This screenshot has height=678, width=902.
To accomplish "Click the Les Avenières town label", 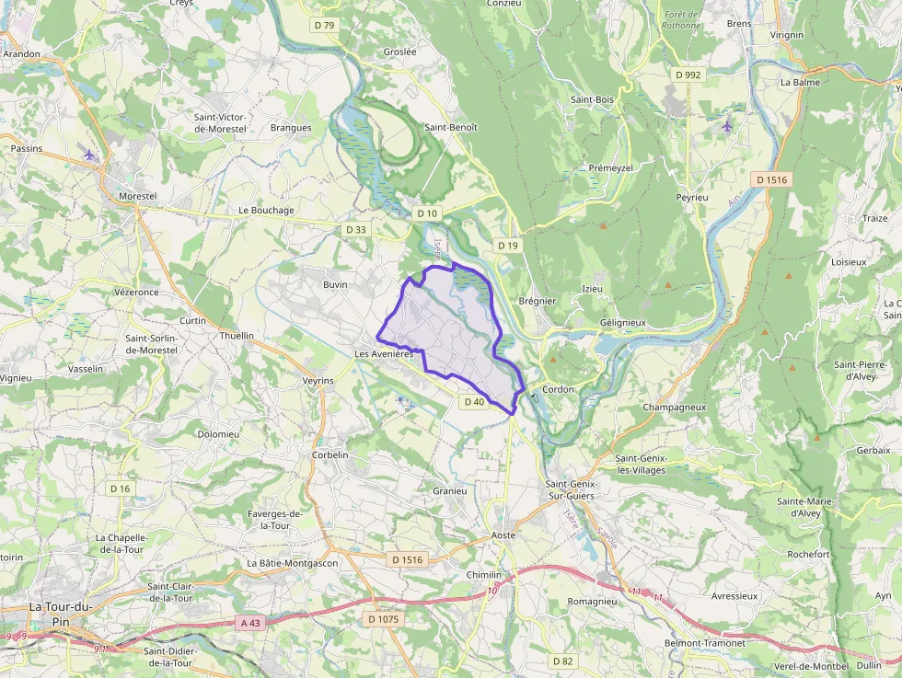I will coord(384,354).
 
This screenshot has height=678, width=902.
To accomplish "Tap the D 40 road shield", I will coord(474,402).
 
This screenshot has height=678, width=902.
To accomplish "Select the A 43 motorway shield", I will coord(250,623).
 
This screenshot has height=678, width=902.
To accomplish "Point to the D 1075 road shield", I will coord(384,619).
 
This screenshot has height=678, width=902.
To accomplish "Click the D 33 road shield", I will coord(355,229).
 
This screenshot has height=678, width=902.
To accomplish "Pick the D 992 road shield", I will coord(688,75).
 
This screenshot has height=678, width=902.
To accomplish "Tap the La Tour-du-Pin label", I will coord(61,613).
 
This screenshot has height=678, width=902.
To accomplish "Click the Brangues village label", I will coord(291,128).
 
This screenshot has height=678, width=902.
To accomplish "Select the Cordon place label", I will coord(558,389).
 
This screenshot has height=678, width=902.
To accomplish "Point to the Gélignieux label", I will coord(623,323).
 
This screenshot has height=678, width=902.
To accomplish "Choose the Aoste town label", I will coord(503,535).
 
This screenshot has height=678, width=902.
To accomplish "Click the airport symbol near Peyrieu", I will coord(727,125).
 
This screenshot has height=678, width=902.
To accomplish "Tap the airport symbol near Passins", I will coord(89,155).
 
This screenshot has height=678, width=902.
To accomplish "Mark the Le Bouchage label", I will coord(266,210).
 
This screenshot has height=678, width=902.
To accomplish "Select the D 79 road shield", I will coord(324,25).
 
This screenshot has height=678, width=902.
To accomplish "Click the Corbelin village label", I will coord(330,455).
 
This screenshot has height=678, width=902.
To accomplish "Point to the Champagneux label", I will coord(674,407).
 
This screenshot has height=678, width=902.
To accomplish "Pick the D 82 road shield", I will coord(562,661).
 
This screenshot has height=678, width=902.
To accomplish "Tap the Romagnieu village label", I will coord(592,601).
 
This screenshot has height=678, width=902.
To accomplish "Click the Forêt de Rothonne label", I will coord(681,19).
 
